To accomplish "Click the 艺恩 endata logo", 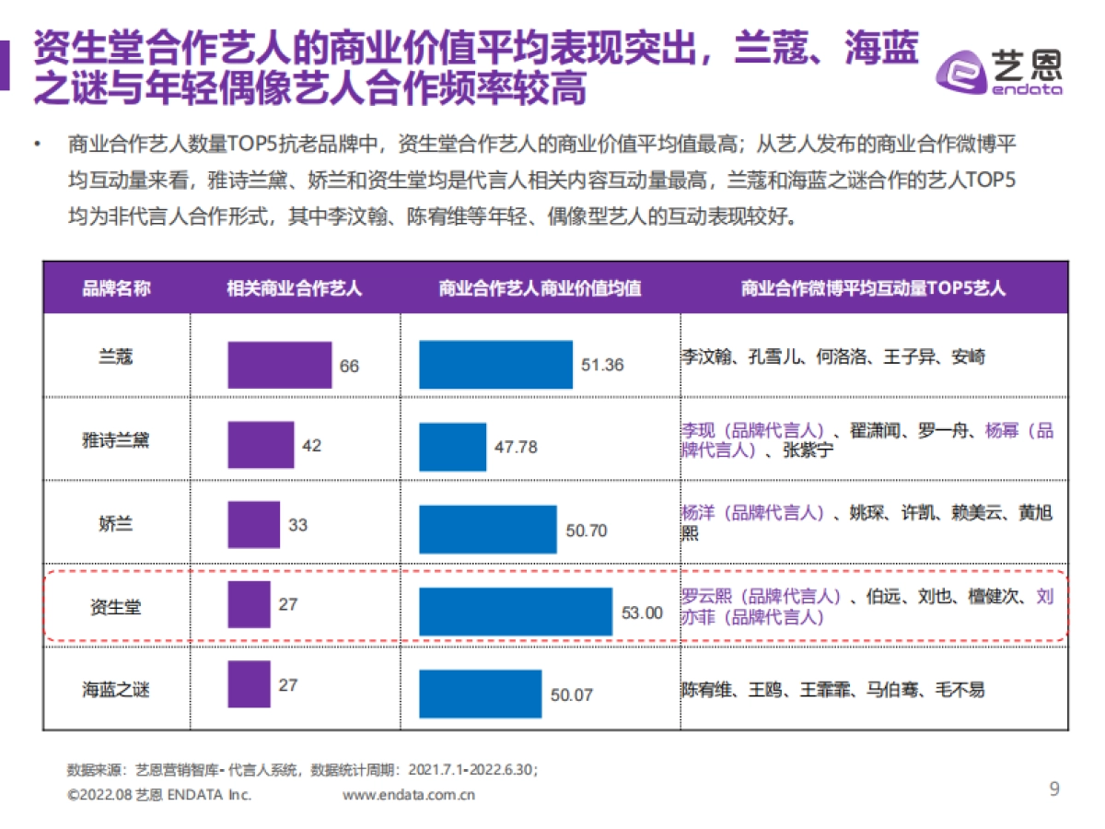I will (x=999, y=69).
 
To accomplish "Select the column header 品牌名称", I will (x=116, y=288).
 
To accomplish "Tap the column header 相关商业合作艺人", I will (x=295, y=288).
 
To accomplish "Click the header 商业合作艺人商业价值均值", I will (x=541, y=288).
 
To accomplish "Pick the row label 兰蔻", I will (x=116, y=356).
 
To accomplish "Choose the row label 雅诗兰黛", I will (x=116, y=440).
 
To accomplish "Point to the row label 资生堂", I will (x=116, y=607).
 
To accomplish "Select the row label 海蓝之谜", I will (x=116, y=689).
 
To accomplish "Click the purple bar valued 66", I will (x=279, y=365).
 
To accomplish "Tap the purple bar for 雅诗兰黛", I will (x=261, y=445).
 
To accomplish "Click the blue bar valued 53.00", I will (x=515, y=612).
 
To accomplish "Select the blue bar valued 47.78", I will (x=452, y=447).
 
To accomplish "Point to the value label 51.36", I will (x=602, y=365).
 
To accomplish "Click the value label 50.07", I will (x=572, y=695).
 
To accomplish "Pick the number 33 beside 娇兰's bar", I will (x=298, y=525).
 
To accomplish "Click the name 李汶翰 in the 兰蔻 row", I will (x=707, y=356).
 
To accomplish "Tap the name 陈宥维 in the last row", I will (x=707, y=689).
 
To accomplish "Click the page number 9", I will (x=1054, y=788).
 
